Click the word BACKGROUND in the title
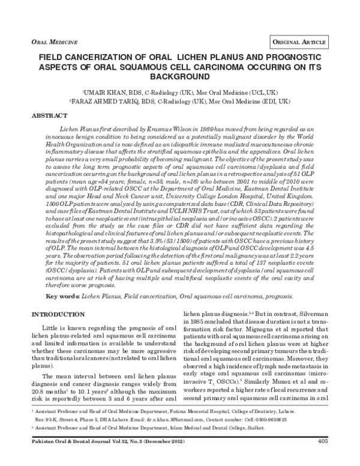(x=180, y=78)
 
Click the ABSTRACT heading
(x=49, y=115)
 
